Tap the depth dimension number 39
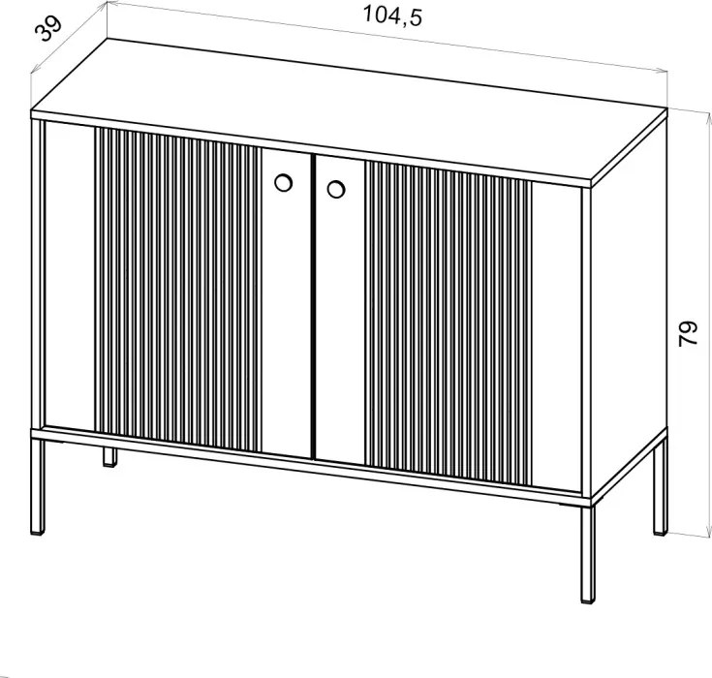pyautogui.click(x=48, y=29)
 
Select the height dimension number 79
pyautogui.click(x=688, y=334)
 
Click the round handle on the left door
pyautogui.click(x=283, y=182)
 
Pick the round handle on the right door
pyautogui.click(x=336, y=190)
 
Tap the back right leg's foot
pyautogui.click(x=661, y=531)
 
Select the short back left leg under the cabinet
pyautogui.click(x=108, y=456)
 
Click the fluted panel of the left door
pyautogui.click(x=178, y=291)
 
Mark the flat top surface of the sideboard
pyautogui.click(x=350, y=111)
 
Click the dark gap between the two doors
pyautogui.click(x=313, y=306)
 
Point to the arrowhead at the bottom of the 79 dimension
pyautogui.click(x=708, y=532)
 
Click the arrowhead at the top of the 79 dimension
pyautogui.click(x=709, y=119)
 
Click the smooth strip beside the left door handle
pyautogui.click(x=287, y=302)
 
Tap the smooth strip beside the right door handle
pyautogui.click(x=340, y=310)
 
